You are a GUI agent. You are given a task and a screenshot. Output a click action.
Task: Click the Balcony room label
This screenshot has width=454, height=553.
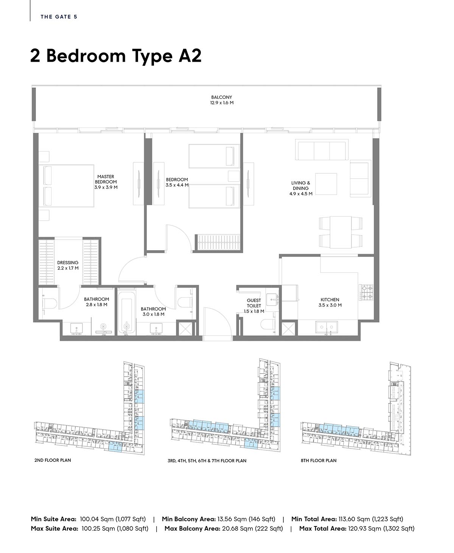coord(221,97)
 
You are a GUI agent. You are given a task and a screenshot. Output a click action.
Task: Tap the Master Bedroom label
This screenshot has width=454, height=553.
coord(106,179)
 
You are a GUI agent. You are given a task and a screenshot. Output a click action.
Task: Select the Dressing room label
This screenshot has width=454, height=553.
coord(68,262)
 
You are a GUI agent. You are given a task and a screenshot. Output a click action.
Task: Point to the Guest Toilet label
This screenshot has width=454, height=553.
coord(254,303)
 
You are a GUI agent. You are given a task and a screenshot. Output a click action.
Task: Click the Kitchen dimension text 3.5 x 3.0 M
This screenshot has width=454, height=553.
coord(330,305)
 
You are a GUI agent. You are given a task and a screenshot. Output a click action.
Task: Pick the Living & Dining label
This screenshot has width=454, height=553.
coord(301,185)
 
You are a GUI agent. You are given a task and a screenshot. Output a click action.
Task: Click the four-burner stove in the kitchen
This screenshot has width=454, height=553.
coord(367,292)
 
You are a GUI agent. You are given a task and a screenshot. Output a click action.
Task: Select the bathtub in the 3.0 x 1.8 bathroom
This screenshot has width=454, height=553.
coord(127,312)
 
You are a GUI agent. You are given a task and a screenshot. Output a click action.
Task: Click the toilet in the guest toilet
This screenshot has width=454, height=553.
coord(268,324)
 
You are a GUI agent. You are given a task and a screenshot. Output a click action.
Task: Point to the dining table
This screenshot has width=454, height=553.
coord(340,232)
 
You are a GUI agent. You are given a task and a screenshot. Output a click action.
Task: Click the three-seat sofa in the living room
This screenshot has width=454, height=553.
coord(322,150)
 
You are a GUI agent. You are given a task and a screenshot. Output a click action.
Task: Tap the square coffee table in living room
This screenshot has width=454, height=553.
coord(326,184)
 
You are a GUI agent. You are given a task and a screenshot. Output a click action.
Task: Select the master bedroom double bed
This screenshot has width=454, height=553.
coord(66,185)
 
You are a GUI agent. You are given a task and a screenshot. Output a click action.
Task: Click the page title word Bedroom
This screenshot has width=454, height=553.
coord(86,56)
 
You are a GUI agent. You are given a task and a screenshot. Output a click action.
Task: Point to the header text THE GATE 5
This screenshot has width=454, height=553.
coord(59,17)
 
